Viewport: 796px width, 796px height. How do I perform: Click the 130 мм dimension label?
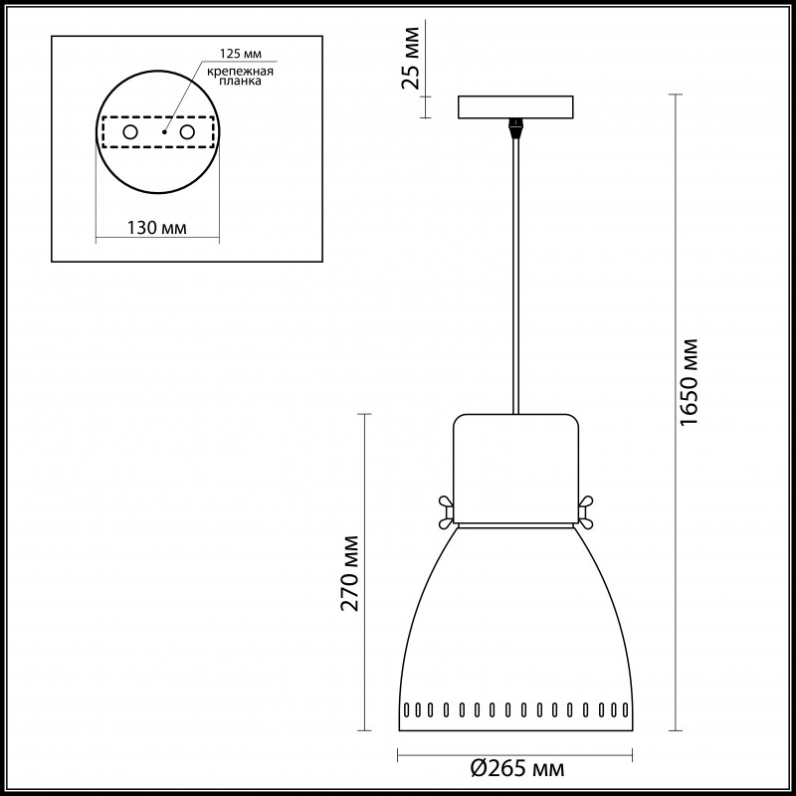pyautogui.click(x=158, y=229)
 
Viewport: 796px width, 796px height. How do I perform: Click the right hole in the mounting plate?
pyautogui.click(x=186, y=131)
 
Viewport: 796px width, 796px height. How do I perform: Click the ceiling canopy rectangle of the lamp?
pyautogui.click(x=515, y=106)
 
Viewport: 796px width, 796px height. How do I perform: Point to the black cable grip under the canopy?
pyautogui.click(x=515, y=128)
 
